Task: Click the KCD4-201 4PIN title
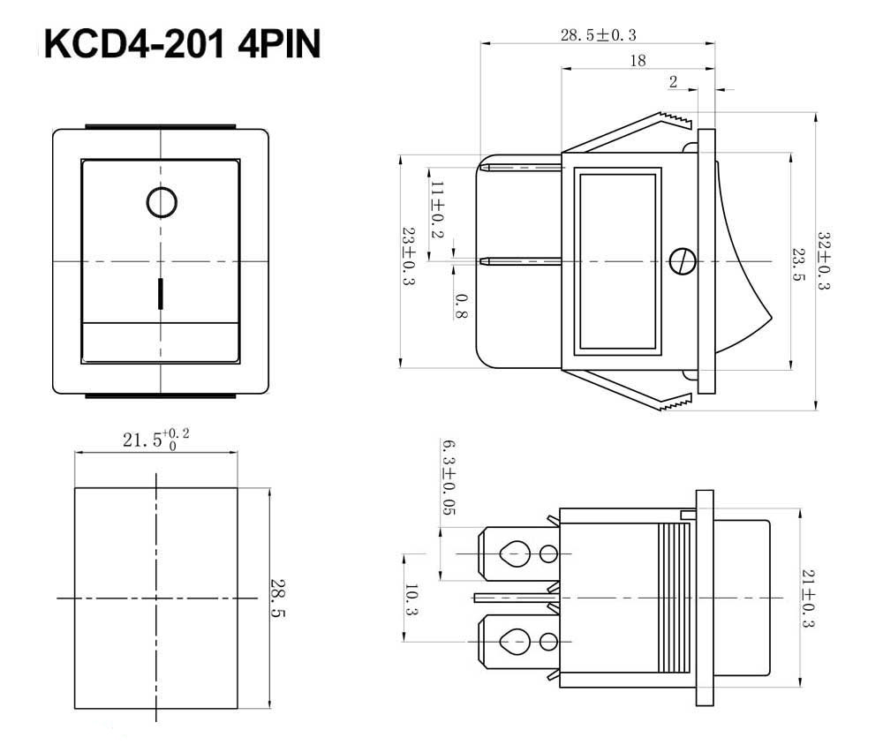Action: coord(182,44)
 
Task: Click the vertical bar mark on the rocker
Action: coord(161,293)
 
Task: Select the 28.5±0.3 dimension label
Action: coord(598,35)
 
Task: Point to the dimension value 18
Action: coord(638,60)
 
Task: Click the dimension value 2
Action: coord(673,82)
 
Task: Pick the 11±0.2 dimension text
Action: coord(438,209)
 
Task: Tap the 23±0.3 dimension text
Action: coord(409,256)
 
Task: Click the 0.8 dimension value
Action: coord(461,305)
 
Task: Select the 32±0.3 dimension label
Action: coord(824,260)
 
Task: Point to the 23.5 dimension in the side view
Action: coord(798,265)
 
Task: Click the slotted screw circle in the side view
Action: coord(683,261)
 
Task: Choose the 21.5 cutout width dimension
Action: coord(156,439)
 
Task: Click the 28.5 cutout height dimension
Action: coord(277,598)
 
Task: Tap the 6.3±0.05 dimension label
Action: coord(448,478)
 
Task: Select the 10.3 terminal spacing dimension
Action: coord(411,599)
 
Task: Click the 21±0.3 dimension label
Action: coord(808,598)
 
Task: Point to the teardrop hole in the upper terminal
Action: coord(515,554)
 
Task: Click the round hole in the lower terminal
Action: coord(548,642)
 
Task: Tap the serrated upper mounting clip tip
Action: coord(675,119)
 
